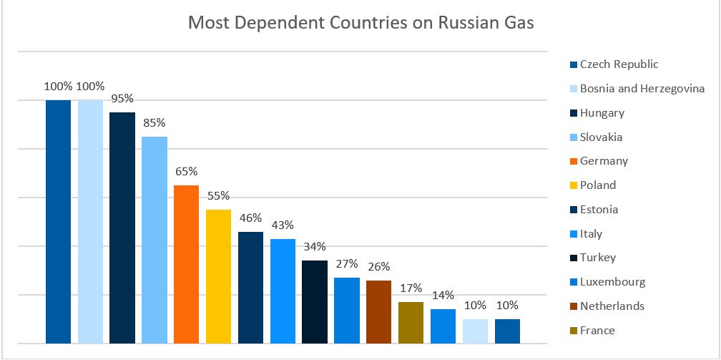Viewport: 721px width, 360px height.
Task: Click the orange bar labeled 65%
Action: (186, 264)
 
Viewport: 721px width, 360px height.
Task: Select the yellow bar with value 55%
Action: (218, 276)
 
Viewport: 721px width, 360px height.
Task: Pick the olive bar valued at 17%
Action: (411, 322)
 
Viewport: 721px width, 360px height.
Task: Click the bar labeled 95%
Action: (122, 228)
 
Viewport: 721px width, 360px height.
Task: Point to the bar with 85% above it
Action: (154, 240)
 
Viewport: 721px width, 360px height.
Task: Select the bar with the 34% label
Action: (315, 301)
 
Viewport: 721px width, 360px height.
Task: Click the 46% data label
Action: (250, 218)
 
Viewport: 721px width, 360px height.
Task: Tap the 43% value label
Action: (283, 225)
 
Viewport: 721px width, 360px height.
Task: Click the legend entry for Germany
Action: (604, 161)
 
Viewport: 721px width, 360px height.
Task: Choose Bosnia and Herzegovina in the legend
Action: (642, 89)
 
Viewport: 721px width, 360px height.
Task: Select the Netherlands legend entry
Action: (612, 306)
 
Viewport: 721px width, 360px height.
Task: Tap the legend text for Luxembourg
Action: (612, 282)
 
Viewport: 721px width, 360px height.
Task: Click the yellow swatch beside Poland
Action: (574, 186)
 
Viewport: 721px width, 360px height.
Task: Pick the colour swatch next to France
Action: (574, 331)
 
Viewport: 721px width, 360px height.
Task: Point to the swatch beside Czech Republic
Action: (574, 65)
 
